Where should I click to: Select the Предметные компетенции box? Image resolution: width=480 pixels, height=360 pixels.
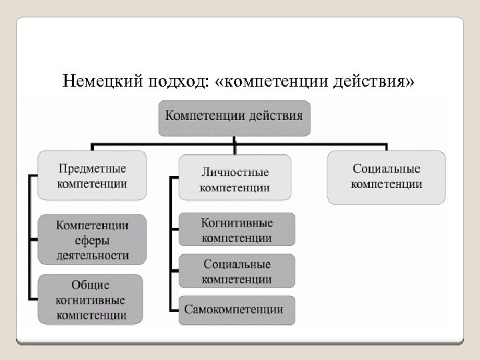click(91, 175)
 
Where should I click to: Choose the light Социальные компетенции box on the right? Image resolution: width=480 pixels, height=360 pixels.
click(387, 176)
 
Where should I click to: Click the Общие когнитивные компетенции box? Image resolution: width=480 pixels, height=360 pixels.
click(91, 299)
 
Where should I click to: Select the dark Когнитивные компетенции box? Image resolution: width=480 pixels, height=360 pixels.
click(237, 229)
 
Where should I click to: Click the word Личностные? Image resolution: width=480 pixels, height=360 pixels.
click(235, 172)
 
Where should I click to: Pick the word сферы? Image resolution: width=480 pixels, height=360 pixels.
click(91, 239)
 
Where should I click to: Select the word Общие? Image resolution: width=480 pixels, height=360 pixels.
click(91, 285)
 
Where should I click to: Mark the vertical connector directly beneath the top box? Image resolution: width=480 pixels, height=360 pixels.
click(233, 139)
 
